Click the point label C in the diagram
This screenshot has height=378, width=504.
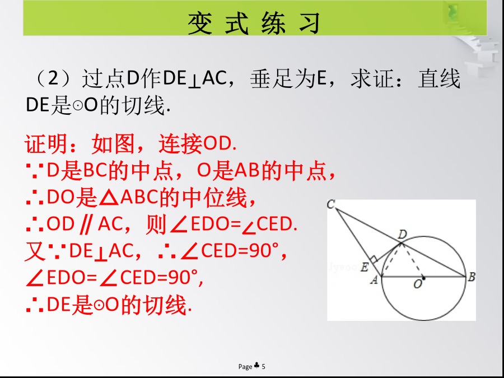[x=331, y=204]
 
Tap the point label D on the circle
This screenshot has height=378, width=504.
[x=403, y=235]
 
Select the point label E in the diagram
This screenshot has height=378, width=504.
[x=364, y=267]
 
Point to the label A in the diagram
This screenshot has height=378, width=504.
[x=374, y=281]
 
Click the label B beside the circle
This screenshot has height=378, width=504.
[x=471, y=277]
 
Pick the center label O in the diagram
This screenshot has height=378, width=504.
[x=418, y=284]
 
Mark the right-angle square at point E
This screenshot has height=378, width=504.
[x=374, y=259]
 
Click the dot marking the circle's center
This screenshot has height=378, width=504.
[x=423, y=278]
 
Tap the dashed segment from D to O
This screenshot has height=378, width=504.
[x=412, y=260]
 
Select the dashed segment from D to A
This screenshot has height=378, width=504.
[x=391, y=260]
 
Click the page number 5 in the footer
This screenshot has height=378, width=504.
[x=264, y=366]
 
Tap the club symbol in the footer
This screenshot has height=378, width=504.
[x=256, y=366]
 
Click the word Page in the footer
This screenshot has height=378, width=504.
[x=245, y=367]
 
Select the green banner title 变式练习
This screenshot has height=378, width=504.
[x=254, y=23]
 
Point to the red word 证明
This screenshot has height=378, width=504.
[x=46, y=143]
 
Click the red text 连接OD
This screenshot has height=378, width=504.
[x=198, y=143]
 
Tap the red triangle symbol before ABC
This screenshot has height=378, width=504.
[x=109, y=198]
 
